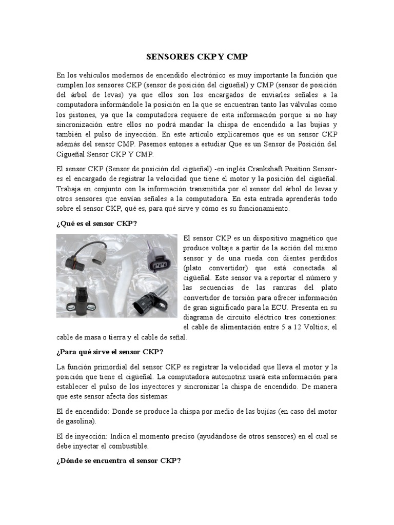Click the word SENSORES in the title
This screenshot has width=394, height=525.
[x=165, y=57]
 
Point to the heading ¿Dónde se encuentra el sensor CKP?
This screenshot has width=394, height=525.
[x=119, y=460]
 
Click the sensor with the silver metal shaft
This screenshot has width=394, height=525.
[x=151, y=302]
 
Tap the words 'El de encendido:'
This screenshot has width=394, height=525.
[x=81, y=411]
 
